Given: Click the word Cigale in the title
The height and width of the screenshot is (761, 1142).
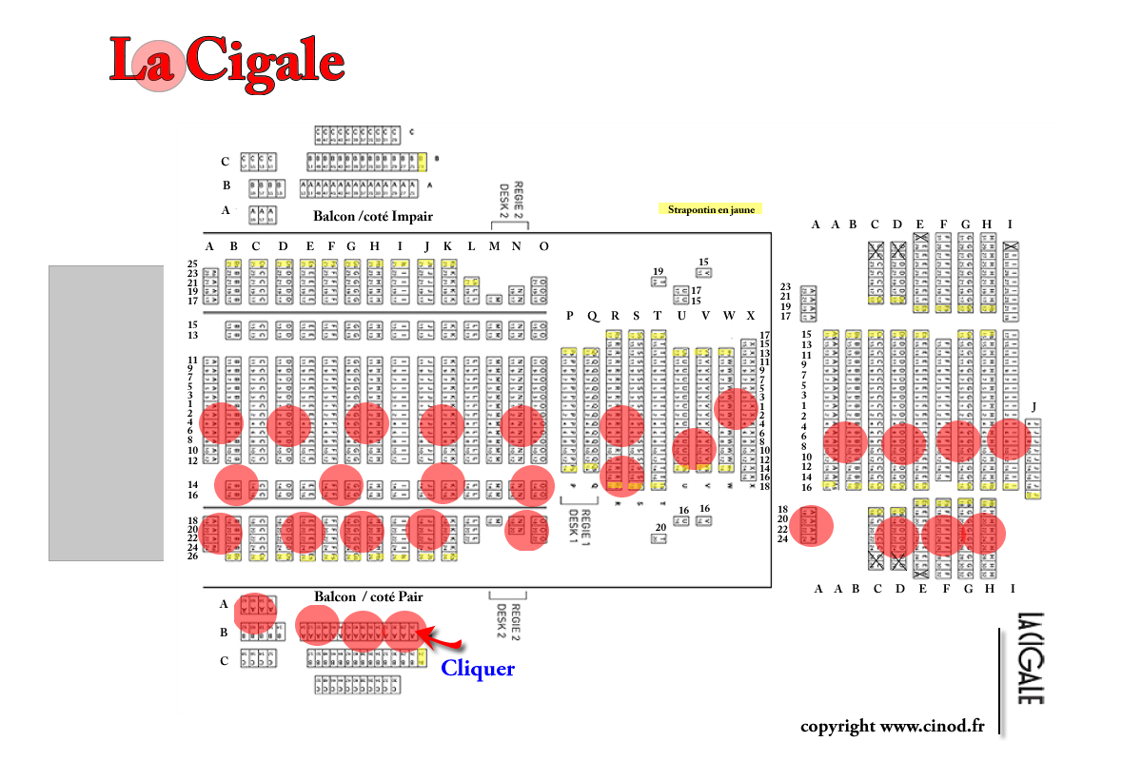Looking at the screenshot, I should click(x=265, y=62).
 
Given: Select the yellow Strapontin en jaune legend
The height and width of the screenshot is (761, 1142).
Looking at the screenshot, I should click(x=710, y=209).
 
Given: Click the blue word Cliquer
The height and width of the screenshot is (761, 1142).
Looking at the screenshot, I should click(x=478, y=669).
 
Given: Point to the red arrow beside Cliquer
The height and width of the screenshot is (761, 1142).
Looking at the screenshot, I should click(x=443, y=639).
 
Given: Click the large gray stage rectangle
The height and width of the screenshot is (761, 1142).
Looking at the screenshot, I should click(x=107, y=413).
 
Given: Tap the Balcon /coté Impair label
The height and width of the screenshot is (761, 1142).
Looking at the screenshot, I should click(x=373, y=216).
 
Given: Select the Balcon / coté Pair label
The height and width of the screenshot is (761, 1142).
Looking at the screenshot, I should click(x=368, y=596).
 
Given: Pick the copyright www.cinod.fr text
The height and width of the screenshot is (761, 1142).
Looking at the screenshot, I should click(x=892, y=726).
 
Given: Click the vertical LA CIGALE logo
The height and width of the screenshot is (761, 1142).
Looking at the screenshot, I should click(x=1029, y=658).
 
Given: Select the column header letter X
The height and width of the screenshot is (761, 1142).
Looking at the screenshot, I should click(x=751, y=316).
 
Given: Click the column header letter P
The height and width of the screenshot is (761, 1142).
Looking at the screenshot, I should click(x=570, y=316).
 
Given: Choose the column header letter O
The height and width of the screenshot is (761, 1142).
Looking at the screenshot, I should click(x=543, y=246).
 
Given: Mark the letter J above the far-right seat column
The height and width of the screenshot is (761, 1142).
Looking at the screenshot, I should click(x=1034, y=407).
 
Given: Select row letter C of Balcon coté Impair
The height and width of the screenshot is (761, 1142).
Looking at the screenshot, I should click(x=226, y=162).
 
